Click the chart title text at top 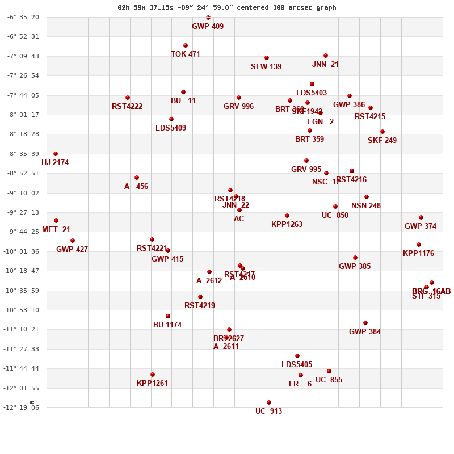point(226,7)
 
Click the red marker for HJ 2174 point(56,154)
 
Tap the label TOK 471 point(186,54)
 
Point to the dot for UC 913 point(269,402)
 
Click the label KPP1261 point(152,384)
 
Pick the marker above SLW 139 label point(267,58)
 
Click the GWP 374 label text point(421,226)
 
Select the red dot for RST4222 point(128,98)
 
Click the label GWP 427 point(72,250)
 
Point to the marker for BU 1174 point(168,316)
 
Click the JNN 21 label point(325,65)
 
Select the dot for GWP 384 point(365,323)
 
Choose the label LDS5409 point(171,128)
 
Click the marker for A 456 point(137,178)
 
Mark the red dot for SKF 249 point(382,132)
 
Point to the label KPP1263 point(287,225)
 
